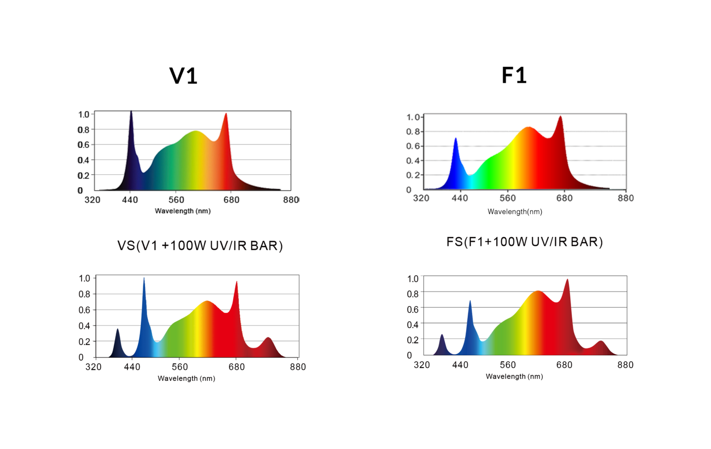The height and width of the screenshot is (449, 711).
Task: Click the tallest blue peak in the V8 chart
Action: (x=144, y=284)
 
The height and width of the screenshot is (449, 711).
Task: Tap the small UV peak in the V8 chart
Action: (x=117, y=332)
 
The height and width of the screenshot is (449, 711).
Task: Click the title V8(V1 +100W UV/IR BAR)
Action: (x=200, y=246)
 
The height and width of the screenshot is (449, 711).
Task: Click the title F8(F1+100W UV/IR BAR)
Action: (x=524, y=242)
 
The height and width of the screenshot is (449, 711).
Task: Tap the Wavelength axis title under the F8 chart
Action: (x=514, y=377)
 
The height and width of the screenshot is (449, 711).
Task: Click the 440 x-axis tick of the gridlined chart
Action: (x=460, y=198)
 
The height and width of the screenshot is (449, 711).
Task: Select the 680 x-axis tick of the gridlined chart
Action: (x=565, y=198)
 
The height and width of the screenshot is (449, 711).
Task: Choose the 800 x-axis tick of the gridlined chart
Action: (x=626, y=198)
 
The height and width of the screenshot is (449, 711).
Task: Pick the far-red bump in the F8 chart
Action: (x=601, y=343)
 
